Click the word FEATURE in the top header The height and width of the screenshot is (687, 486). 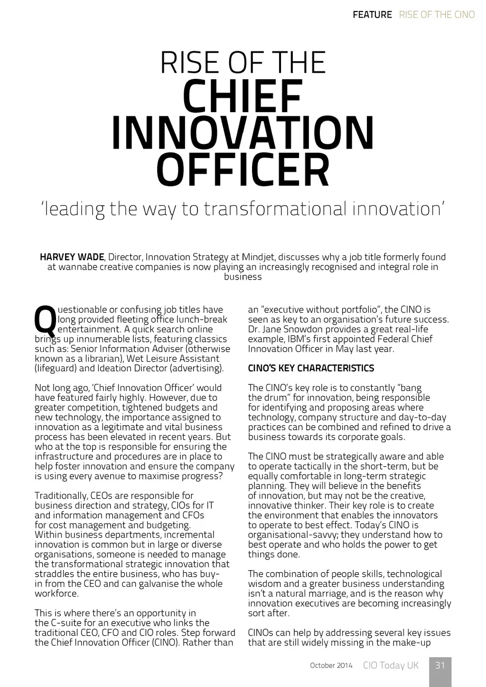pyautogui.click(x=372, y=15)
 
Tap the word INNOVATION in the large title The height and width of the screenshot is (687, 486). pyautogui.click(x=243, y=133)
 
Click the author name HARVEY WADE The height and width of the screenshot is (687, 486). pyautogui.click(x=72, y=257)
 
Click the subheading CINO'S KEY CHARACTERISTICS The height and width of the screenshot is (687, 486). pyautogui.click(x=311, y=368)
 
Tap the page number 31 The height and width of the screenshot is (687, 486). pyautogui.click(x=440, y=665)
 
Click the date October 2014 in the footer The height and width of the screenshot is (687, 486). pyautogui.click(x=331, y=666)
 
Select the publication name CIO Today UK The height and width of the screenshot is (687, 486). pyautogui.click(x=391, y=665)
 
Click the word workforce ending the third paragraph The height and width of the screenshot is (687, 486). pyautogui.click(x=56, y=593)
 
